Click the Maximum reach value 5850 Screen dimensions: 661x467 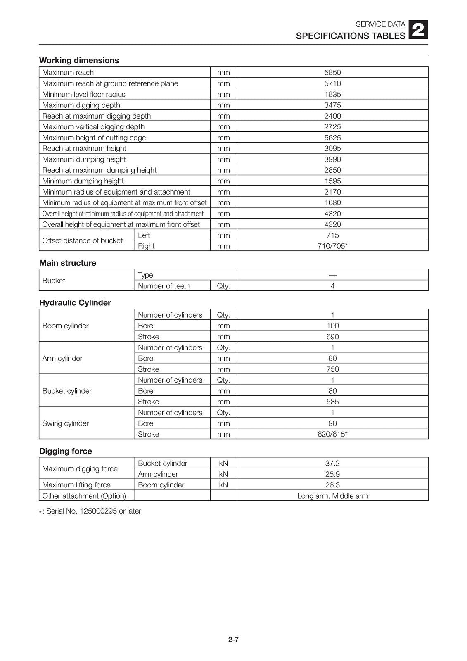coord(332,72)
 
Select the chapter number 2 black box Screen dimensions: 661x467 coord(418,30)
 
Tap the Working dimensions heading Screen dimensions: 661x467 coord(79,60)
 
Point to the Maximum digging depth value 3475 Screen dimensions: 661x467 coord(332,105)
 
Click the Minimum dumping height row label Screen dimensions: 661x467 coord(83,181)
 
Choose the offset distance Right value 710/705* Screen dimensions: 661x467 coord(332,246)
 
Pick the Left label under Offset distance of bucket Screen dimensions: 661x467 coord(144,235)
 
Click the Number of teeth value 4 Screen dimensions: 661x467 coord(332,286)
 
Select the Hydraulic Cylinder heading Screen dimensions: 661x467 coord(75,303)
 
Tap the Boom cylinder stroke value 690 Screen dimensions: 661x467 coord(332,337)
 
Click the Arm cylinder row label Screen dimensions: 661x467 coord(62,358)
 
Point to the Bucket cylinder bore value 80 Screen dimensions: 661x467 coord(332,391)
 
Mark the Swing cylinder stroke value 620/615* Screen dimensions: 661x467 coord(332,434)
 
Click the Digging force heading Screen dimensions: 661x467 coord(66,451)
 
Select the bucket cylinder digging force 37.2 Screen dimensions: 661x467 coord(332,463)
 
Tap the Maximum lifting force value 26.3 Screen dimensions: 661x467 coord(332,485)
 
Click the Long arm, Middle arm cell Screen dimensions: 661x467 coord(332,496)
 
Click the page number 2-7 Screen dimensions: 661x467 coord(233,640)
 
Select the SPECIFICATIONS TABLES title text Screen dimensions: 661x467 coord(350,36)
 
